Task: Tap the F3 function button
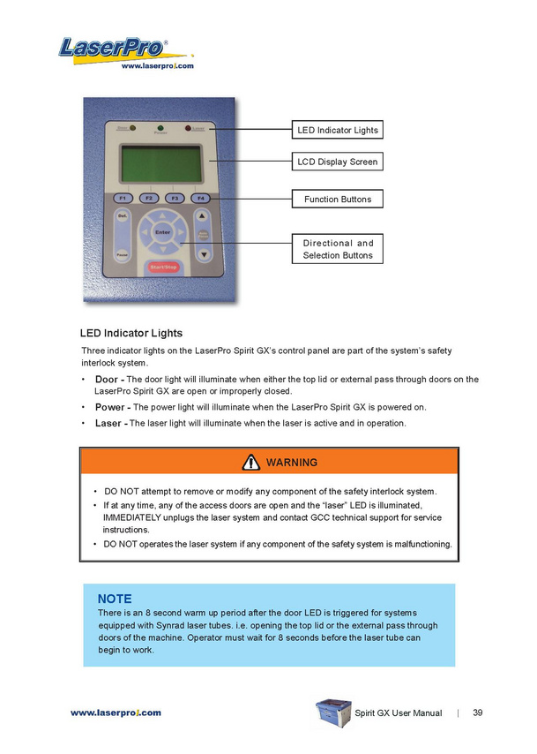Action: coord(175,198)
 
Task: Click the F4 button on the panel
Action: coord(201,198)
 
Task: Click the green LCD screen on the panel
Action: coord(159,162)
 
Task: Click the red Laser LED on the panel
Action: coord(189,129)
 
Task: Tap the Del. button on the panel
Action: coord(123,216)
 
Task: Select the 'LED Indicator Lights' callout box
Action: coord(337,131)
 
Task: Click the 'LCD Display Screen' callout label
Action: coord(337,162)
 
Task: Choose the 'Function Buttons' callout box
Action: coord(337,200)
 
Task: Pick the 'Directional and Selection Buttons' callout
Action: coord(337,249)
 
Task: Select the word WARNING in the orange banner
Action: coord(291,463)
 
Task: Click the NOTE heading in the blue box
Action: coord(115,598)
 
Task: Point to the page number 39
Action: coord(477,713)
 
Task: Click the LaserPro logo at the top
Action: coord(115,49)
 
